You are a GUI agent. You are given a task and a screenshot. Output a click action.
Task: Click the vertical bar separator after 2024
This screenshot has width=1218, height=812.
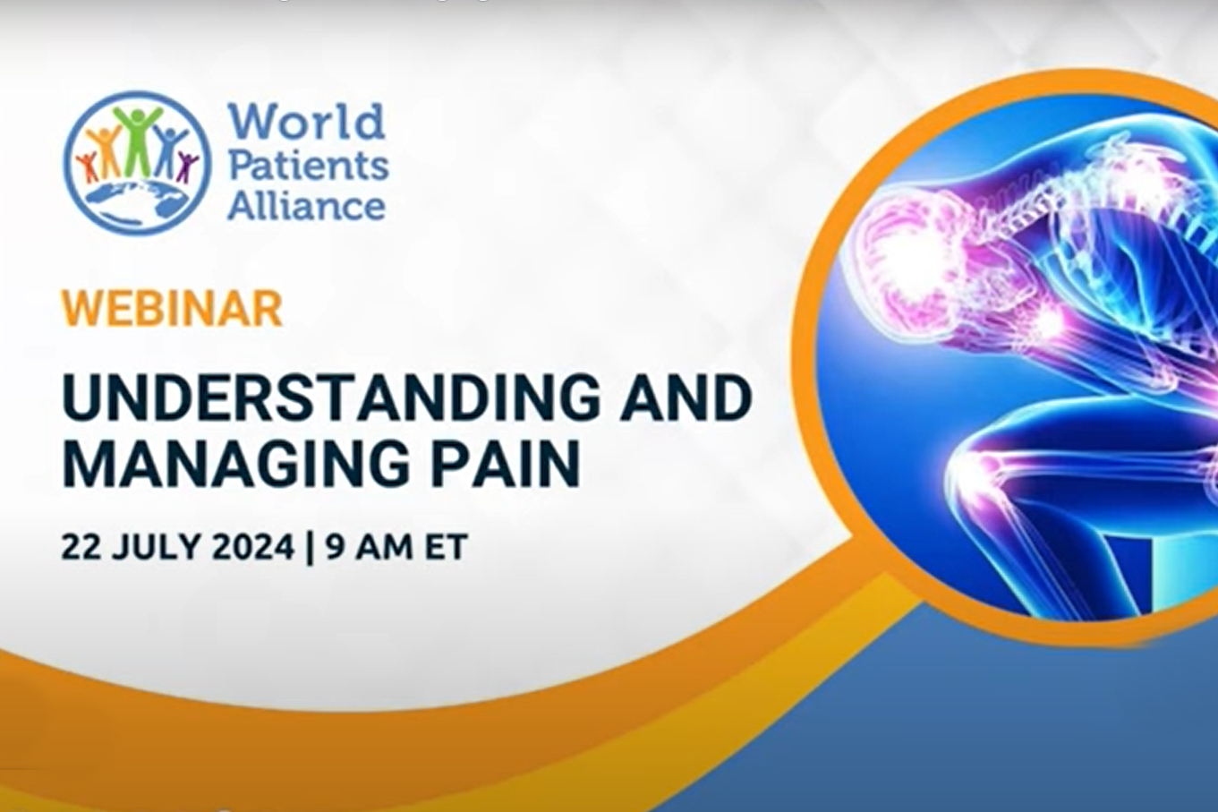point(311,547)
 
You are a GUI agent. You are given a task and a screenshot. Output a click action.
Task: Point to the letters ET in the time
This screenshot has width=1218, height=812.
point(447,546)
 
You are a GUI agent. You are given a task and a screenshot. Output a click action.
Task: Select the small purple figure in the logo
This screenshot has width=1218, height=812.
point(188,167)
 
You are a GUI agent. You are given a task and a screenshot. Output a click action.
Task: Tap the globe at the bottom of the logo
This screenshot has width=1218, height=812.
point(137,201)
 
